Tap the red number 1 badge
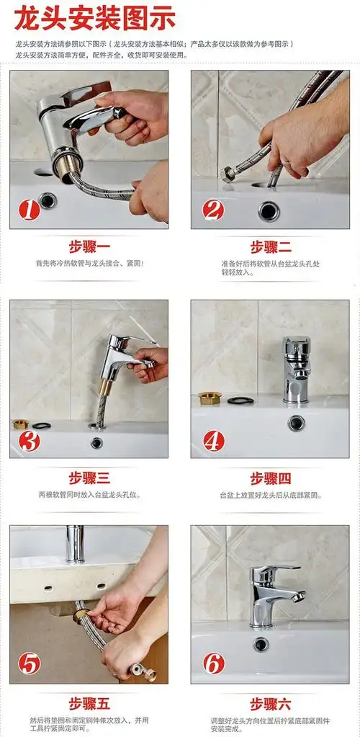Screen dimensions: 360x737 29,210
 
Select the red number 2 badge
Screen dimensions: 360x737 213,210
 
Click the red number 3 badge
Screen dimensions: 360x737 29,442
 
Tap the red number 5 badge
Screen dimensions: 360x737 29,664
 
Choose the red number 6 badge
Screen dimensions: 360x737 214,664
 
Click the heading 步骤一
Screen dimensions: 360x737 89,247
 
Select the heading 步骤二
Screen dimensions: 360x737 271,247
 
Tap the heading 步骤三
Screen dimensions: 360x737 89,478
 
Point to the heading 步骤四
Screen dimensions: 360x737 271,478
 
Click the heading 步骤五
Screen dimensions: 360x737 89,704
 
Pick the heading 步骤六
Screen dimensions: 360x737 271,704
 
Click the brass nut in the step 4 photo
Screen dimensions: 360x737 210,398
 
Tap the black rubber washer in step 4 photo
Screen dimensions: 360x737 240,401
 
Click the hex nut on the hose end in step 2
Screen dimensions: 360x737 227,174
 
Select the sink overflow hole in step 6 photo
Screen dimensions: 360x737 261,644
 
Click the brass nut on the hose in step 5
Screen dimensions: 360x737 80,615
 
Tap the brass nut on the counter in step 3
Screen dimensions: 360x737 20,424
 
